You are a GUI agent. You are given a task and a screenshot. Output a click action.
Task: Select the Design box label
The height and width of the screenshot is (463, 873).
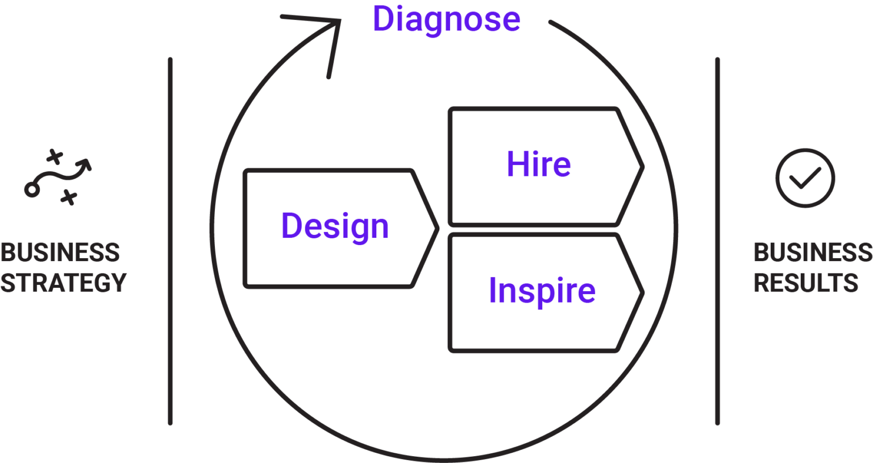(335, 226)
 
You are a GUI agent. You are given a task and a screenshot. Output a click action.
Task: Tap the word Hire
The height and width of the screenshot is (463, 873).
(539, 164)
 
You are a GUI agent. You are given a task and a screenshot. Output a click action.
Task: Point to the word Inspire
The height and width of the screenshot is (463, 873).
(542, 291)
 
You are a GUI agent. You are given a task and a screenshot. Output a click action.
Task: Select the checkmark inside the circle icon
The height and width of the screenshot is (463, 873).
(805, 178)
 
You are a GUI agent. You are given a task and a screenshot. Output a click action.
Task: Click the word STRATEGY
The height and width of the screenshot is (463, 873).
(64, 283)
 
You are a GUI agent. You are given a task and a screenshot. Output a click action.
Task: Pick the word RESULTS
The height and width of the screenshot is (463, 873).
(806, 283)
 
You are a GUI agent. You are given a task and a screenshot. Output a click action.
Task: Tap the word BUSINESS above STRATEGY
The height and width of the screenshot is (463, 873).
(60, 253)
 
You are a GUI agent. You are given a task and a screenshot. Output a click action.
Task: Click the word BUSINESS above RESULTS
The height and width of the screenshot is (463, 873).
(813, 253)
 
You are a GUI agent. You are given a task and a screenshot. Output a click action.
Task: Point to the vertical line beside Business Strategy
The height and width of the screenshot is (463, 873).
(171, 241)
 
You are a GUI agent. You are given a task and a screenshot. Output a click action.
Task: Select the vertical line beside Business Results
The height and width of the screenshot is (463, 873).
(717, 241)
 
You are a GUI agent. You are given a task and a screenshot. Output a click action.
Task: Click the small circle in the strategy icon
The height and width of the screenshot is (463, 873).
(32, 190)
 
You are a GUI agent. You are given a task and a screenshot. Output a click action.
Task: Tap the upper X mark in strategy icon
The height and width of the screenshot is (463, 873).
(55, 157)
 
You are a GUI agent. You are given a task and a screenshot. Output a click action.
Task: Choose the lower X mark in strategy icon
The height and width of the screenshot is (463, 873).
(69, 197)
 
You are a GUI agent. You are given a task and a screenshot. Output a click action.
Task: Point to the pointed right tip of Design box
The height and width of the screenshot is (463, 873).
(438, 229)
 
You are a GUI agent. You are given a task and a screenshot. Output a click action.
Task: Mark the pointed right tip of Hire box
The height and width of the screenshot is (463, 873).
(643, 167)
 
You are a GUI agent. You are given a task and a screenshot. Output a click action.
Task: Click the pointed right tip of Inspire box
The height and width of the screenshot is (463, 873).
(643, 292)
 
